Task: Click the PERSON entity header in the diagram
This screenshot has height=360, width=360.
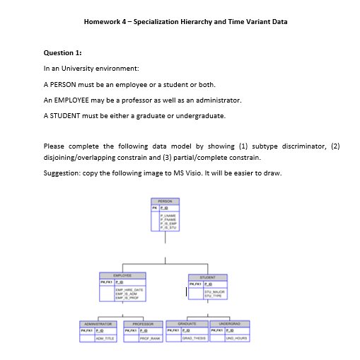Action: (x=166, y=201)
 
